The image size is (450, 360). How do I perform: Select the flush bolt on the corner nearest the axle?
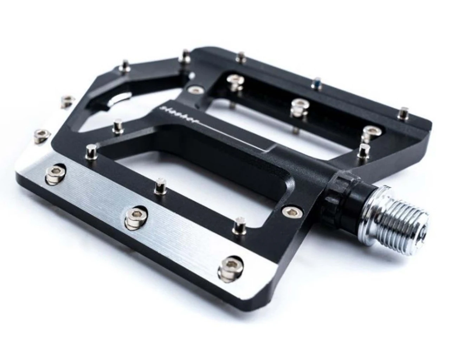click(x=290, y=211)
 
